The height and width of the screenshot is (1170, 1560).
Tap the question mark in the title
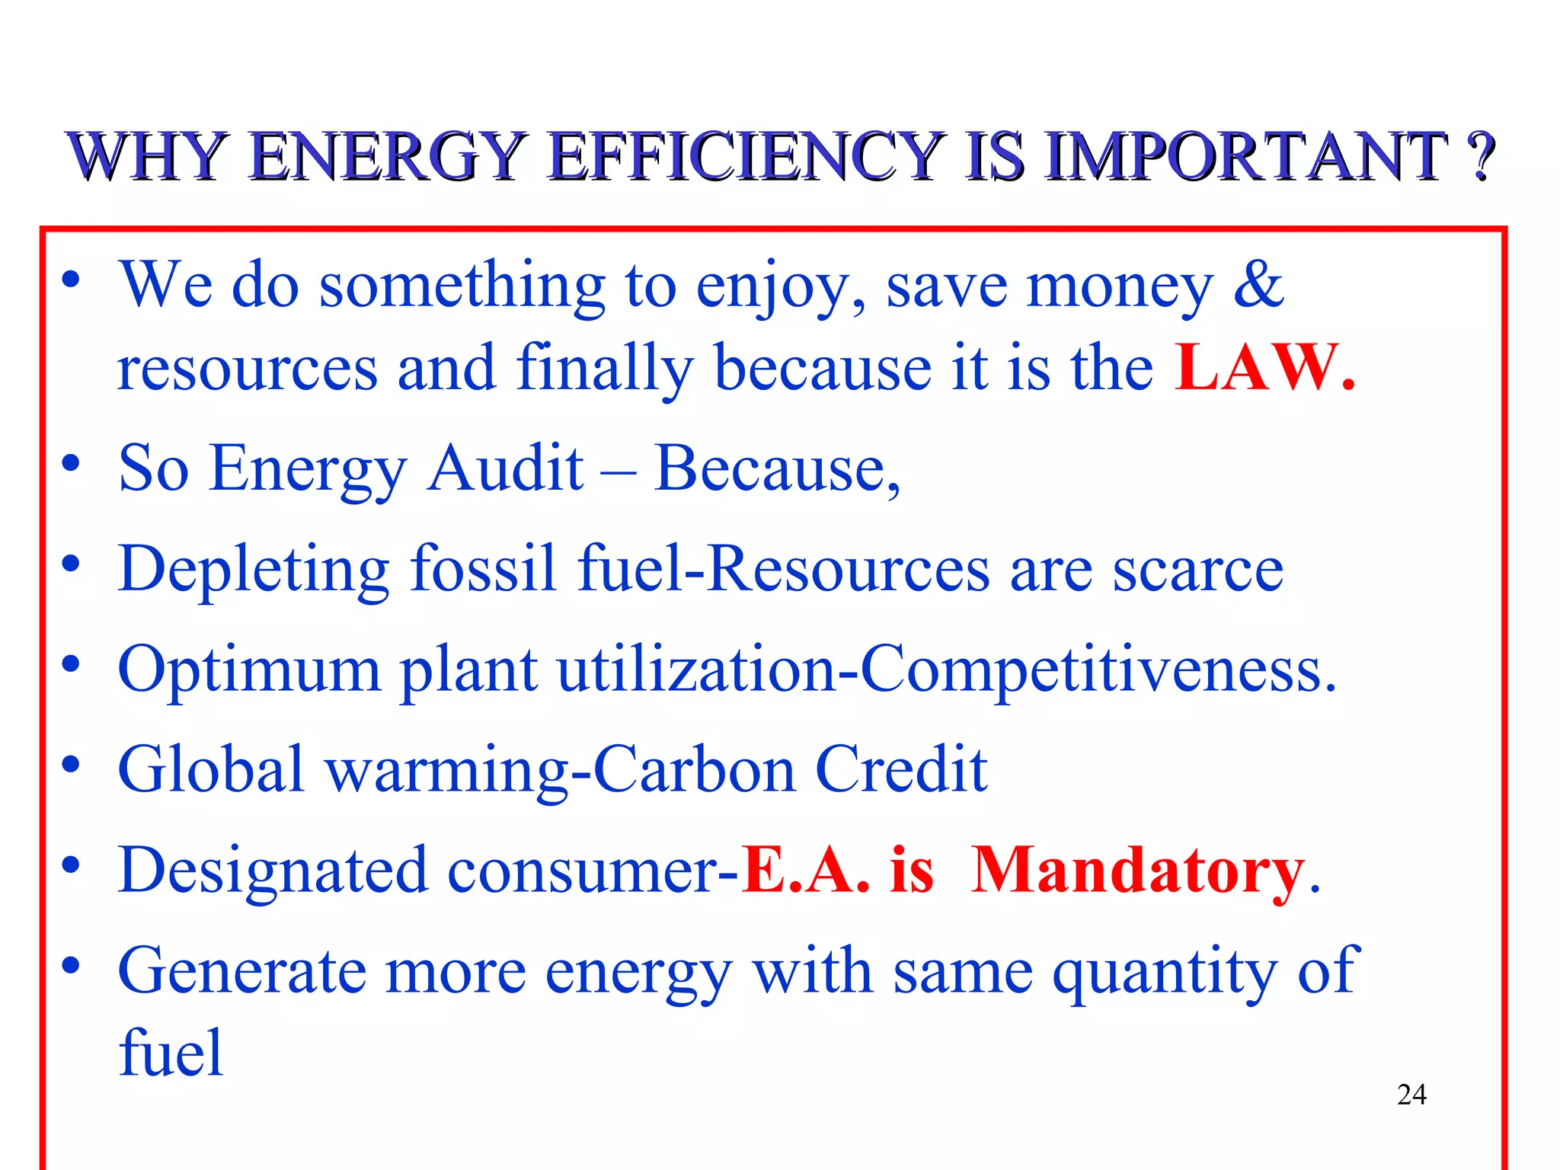click(x=1481, y=156)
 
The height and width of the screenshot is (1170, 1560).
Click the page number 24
click(x=1411, y=1095)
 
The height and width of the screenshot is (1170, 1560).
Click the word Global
click(x=212, y=769)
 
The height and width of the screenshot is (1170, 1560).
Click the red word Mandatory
click(x=1138, y=871)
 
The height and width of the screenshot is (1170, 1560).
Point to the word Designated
click(x=273, y=871)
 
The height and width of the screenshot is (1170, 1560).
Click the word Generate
click(x=242, y=972)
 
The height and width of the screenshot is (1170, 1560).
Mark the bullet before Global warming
click(x=71, y=764)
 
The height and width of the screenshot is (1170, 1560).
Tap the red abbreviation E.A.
click(x=806, y=871)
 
